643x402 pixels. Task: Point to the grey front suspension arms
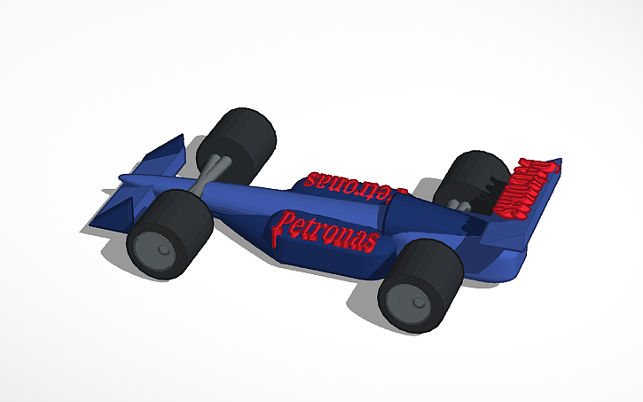tap(215, 169)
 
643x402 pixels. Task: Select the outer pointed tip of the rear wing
tap(560, 163)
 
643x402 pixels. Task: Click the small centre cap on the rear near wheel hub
tap(415, 303)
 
